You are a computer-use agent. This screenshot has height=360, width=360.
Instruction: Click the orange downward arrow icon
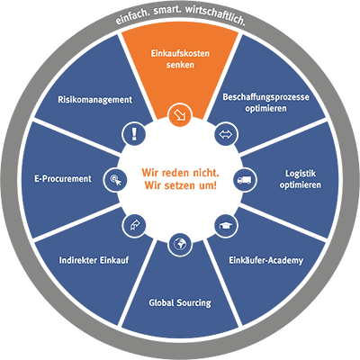[x=180, y=115]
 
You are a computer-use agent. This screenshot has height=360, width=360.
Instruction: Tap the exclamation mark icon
[x=134, y=134]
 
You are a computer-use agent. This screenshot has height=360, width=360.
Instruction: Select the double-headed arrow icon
[x=226, y=134]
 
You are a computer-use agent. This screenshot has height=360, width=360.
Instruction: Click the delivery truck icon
[x=245, y=180]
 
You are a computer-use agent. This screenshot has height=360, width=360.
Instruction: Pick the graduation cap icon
[x=226, y=226]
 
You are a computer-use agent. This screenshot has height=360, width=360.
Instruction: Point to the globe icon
[x=180, y=245]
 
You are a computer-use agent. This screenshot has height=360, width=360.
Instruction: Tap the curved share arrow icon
[x=134, y=226]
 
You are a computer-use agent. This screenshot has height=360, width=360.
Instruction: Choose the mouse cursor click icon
[x=115, y=180]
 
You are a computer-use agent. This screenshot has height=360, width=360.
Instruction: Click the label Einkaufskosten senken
[x=180, y=59]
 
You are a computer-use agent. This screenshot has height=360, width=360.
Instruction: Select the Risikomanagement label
[x=94, y=100]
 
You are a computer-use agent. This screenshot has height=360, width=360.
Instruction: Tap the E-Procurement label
[x=63, y=179]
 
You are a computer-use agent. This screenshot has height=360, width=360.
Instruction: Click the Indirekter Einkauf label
[x=94, y=260]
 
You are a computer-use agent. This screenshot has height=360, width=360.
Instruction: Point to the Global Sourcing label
[x=180, y=302]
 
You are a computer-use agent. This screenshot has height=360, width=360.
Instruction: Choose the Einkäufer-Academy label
[x=265, y=260]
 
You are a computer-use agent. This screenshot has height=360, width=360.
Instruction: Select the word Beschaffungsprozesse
[x=265, y=97]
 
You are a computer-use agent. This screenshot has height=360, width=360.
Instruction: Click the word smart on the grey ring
[x=167, y=11]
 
